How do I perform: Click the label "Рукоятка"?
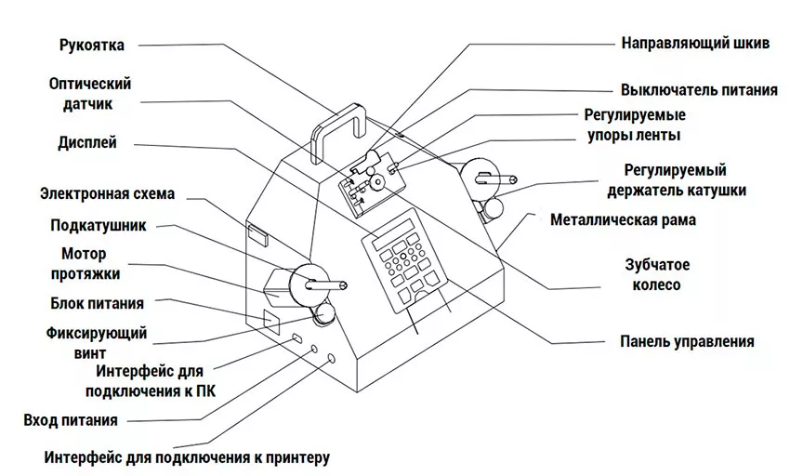coord(91,44)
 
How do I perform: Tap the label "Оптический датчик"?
coord(90,94)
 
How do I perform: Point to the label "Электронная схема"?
coord(107,193)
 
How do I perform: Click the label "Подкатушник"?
coord(98,225)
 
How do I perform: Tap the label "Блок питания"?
coord(96,303)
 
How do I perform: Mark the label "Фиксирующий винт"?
coord(96,342)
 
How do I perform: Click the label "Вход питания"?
coord(71,420)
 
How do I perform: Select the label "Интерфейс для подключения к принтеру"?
coord(186,457)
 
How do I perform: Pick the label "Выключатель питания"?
coord(699,90)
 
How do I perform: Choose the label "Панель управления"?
coord(687,341)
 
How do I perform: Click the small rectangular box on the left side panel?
coord(257,233)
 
